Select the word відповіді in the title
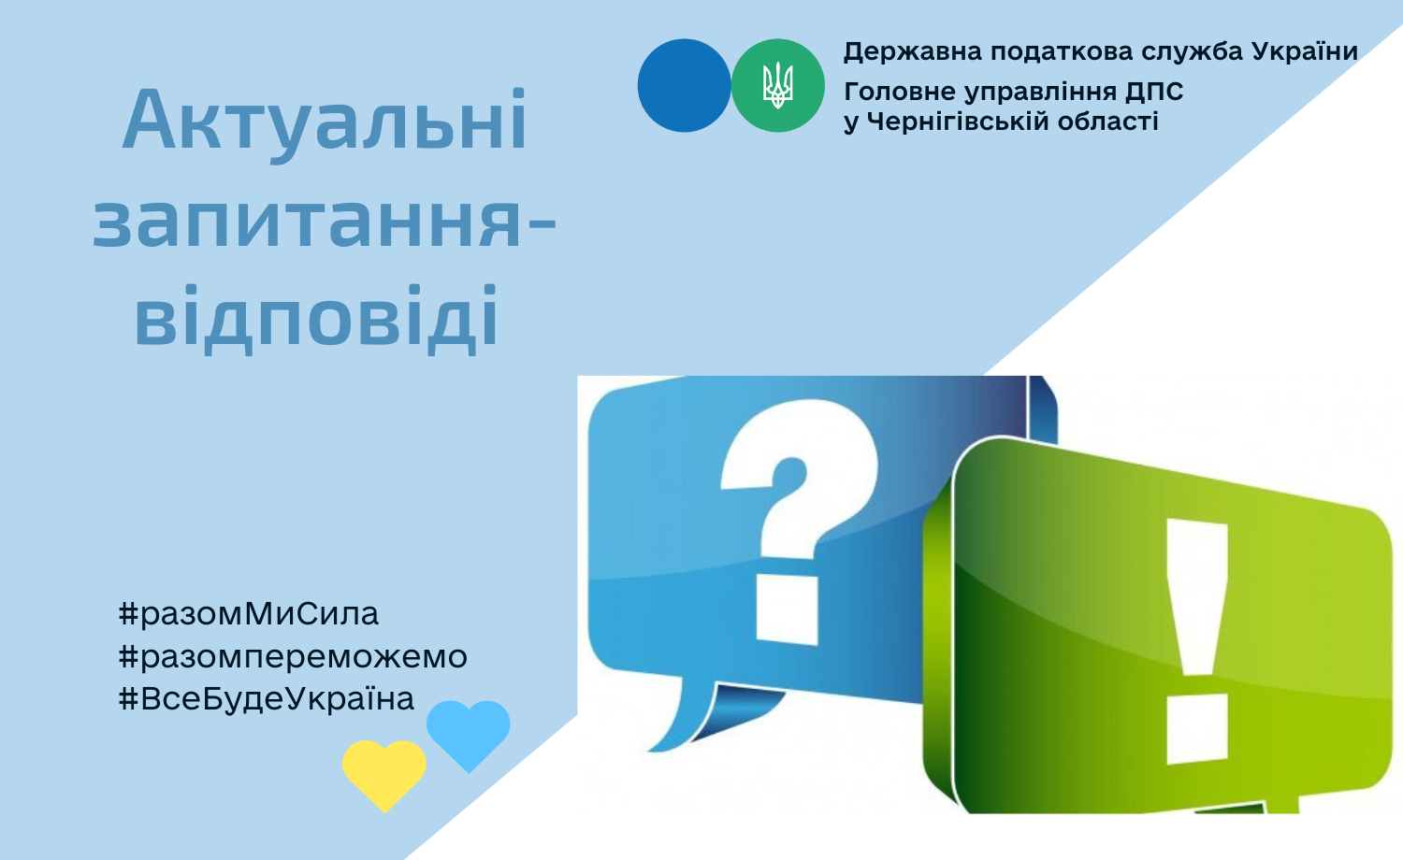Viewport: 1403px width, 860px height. [316, 317]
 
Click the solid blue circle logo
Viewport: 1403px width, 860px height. [684, 85]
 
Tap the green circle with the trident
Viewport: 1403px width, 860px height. [778, 85]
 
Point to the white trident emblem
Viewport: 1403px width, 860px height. [778, 85]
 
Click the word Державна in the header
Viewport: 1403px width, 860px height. [913, 51]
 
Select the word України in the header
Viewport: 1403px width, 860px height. [1305, 50]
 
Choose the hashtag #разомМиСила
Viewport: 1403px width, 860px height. [249, 614]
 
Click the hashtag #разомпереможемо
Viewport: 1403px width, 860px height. [293, 656]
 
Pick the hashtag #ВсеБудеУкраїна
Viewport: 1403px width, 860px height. [267, 698]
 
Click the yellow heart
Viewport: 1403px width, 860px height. [383, 774]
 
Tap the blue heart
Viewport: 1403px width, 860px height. [469, 735]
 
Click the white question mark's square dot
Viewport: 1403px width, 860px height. [788, 610]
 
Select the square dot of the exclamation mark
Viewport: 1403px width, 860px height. [1197, 729]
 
